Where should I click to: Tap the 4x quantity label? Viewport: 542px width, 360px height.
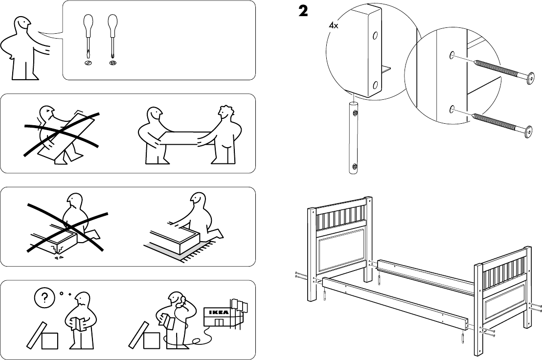[x=333, y=25]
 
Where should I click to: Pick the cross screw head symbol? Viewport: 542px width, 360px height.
[x=113, y=63]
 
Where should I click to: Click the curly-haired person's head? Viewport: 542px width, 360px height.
[x=226, y=113]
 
